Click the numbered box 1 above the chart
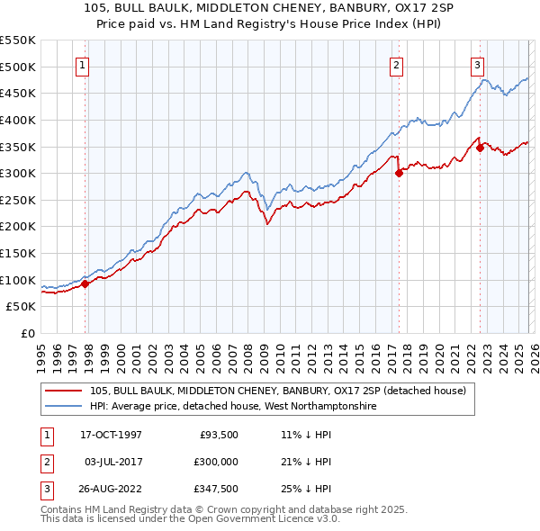point(82,64)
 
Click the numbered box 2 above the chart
point(396,64)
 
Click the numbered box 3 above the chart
point(477,64)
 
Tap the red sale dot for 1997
point(85,283)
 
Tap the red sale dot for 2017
point(399,174)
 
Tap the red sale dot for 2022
point(480,148)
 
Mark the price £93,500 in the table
point(218,435)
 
